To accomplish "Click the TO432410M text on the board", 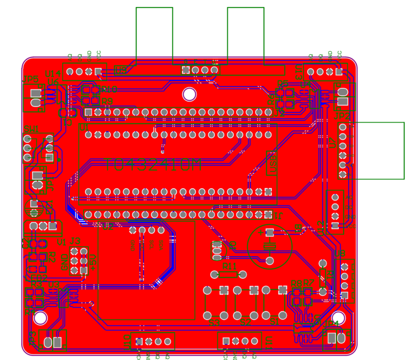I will coord(153,165).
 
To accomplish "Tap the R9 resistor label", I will coord(107,101).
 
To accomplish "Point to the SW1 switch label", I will coord(31,129).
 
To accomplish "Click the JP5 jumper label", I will coord(30,79).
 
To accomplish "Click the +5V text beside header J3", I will coord(93,262).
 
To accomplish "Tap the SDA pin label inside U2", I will coord(161,245).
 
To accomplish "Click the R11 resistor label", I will coord(229,266).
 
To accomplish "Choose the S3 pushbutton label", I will coord(214,323).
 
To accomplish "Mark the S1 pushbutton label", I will coord(274,323).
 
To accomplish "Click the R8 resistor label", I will coord(296,283).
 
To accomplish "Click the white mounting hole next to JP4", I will coord(338,317).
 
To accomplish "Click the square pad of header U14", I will coord(98,71).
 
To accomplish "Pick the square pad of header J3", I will coord(84,270).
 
